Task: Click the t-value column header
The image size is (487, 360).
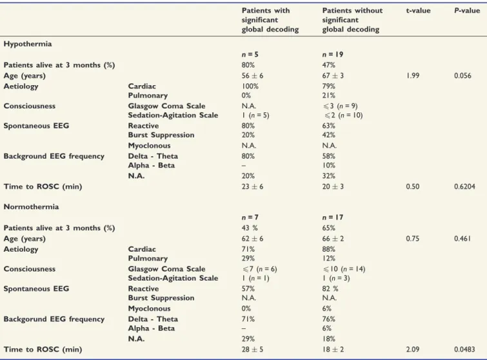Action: (418, 10)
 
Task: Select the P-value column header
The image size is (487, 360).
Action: (467, 10)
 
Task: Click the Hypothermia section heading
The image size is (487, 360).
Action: (28, 44)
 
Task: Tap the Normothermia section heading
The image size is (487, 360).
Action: (31, 207)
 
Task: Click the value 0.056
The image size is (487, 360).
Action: (462, 75)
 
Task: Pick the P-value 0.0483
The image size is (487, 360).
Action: (464, 350)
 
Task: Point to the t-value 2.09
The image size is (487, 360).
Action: (412, 350)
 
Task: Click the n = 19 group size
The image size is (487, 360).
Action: (333, 55)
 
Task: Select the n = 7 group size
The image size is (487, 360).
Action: (250, 217)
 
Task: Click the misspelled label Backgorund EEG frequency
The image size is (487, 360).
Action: (54, 319)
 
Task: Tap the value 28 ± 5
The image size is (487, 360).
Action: (252, 350)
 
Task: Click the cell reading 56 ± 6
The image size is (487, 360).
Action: (252, 75)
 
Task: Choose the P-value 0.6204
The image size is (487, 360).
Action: (464, 186)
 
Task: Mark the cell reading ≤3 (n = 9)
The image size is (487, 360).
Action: (340, 106)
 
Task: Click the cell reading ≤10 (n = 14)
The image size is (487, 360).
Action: (344, 269)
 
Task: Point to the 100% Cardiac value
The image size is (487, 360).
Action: (250, 86)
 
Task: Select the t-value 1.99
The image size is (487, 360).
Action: (412, 75)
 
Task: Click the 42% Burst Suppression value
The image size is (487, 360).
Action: (328, 135)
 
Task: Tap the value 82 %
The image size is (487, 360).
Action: (330, 289)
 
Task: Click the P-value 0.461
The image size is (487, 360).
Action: (462, 239)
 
